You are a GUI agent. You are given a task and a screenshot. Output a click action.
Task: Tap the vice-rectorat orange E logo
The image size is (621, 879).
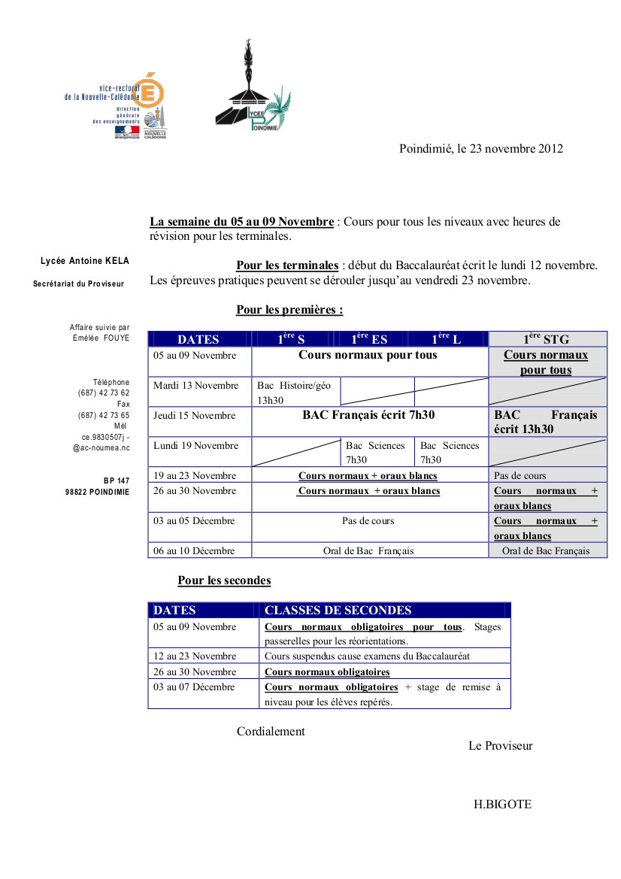[x=151, y=91]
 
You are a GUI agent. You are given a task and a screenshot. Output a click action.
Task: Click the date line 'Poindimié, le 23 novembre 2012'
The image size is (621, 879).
[x=480, y=149]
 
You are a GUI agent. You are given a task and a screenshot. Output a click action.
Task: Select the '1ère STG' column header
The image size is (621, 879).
[x=547, y=339]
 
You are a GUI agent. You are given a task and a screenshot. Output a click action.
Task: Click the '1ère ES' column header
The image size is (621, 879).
[x=370, y=339]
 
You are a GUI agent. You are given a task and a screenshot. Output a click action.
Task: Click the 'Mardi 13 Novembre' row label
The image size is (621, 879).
[x=196, y=386]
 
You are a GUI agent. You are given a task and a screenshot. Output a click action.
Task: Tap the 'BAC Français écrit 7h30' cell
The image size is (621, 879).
[x=368, y=415]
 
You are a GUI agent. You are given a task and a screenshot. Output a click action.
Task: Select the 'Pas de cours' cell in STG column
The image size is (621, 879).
[x=520, y=476]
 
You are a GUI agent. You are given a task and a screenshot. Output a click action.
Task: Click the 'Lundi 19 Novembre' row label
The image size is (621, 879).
[x=196, y=446]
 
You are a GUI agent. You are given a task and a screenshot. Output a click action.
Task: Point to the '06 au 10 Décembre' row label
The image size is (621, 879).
[x=195, y=551]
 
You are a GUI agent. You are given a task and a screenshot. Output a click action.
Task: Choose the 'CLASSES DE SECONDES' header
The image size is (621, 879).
[x=338, y=611]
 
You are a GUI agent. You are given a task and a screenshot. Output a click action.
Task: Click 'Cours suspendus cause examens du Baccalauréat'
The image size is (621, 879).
[x=367, y=656]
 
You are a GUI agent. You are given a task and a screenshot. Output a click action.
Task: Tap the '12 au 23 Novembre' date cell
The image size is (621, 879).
[x=195, y=656]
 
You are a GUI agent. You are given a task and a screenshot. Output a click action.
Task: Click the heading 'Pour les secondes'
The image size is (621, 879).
[x=224, y=580]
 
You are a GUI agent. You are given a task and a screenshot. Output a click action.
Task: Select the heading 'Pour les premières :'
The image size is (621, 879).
[x=289, y=310]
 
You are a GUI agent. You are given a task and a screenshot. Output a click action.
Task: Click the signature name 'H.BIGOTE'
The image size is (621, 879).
[x=502, y=805]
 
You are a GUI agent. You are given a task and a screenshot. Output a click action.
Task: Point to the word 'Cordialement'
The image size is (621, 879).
[x=271, y=732]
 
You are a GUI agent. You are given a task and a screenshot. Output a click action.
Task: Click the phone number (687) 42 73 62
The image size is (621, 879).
[x=104, y=393]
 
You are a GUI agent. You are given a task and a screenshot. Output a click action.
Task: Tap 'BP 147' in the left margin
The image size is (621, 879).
[x=117, y=480]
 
